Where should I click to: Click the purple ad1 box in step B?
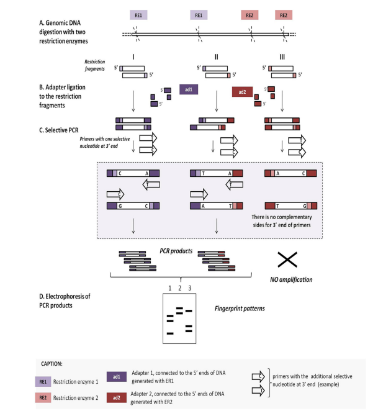pyautogui.click(x=188, y=89)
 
